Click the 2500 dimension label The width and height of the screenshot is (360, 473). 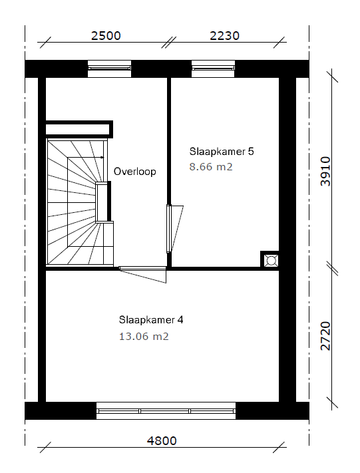106,36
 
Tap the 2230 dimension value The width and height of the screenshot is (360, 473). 224,36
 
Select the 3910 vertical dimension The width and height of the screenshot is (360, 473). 325,172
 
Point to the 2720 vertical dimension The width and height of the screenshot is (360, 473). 325,336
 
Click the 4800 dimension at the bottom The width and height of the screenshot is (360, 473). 162,440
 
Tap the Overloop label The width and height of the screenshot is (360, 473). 135,172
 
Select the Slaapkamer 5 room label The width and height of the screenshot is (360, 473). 222,151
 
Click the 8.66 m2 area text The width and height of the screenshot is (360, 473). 211,166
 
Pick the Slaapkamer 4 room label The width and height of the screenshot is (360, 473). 151,319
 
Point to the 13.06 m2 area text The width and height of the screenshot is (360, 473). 144,336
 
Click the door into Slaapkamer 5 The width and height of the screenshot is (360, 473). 174,229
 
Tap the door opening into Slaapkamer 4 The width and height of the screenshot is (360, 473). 142,274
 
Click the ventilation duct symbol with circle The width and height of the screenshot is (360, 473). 271,260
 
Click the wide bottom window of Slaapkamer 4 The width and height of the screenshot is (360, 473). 166,410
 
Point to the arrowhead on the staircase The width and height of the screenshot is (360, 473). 102,157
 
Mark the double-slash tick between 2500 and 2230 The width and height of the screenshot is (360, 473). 168,43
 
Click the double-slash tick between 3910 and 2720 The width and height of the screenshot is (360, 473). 332,268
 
